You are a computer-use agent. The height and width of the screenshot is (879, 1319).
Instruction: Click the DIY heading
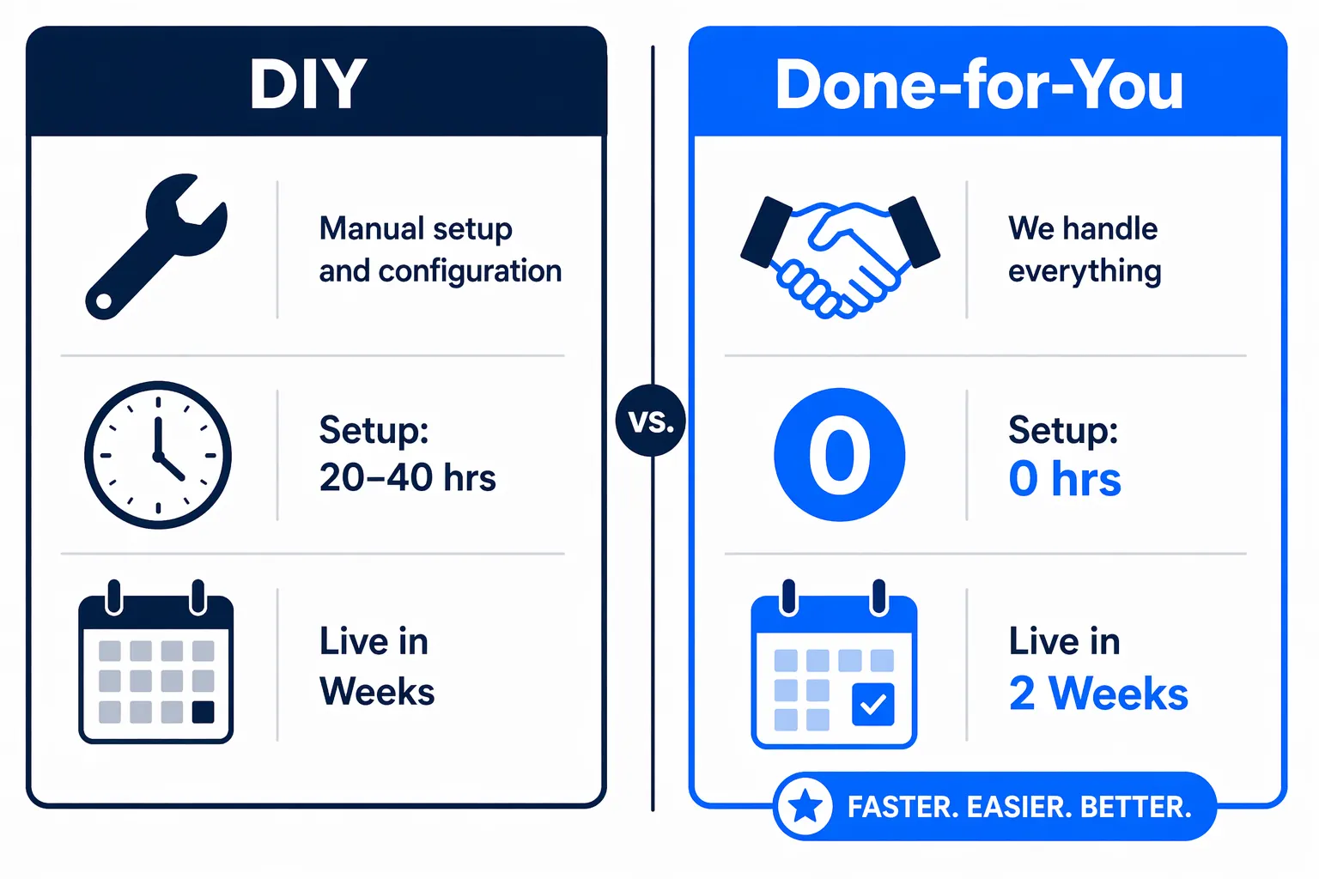tap(308, 84)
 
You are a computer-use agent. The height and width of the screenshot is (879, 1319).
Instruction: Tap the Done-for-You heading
tap(979, 85)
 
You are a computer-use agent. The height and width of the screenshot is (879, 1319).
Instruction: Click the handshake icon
tap(840, 255)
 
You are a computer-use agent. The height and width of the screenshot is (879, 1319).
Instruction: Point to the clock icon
tap(158, 455)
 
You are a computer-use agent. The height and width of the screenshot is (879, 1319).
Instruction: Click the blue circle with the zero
tap(839, 455)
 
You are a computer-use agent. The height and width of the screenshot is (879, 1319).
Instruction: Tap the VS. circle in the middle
tap(651, 421)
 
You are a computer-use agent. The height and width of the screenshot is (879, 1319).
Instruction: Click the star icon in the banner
tap(805, 807)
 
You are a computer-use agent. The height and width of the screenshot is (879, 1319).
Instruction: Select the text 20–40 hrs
tap(407, 477)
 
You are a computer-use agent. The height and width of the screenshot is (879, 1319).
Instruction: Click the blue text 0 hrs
tap(1065, 478)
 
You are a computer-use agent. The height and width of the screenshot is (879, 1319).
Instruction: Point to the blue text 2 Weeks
tap(1098, 694)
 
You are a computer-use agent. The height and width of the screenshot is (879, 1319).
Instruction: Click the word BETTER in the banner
tap(1135, 807)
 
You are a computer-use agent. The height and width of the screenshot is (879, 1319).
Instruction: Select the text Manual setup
tap(416, 229)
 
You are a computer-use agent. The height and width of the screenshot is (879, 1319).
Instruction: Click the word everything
tap(1085, 271)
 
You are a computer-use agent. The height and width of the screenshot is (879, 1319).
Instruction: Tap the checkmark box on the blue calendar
tap(872, 704)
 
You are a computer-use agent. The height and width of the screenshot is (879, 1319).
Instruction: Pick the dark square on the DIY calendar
tap(204, 712)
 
